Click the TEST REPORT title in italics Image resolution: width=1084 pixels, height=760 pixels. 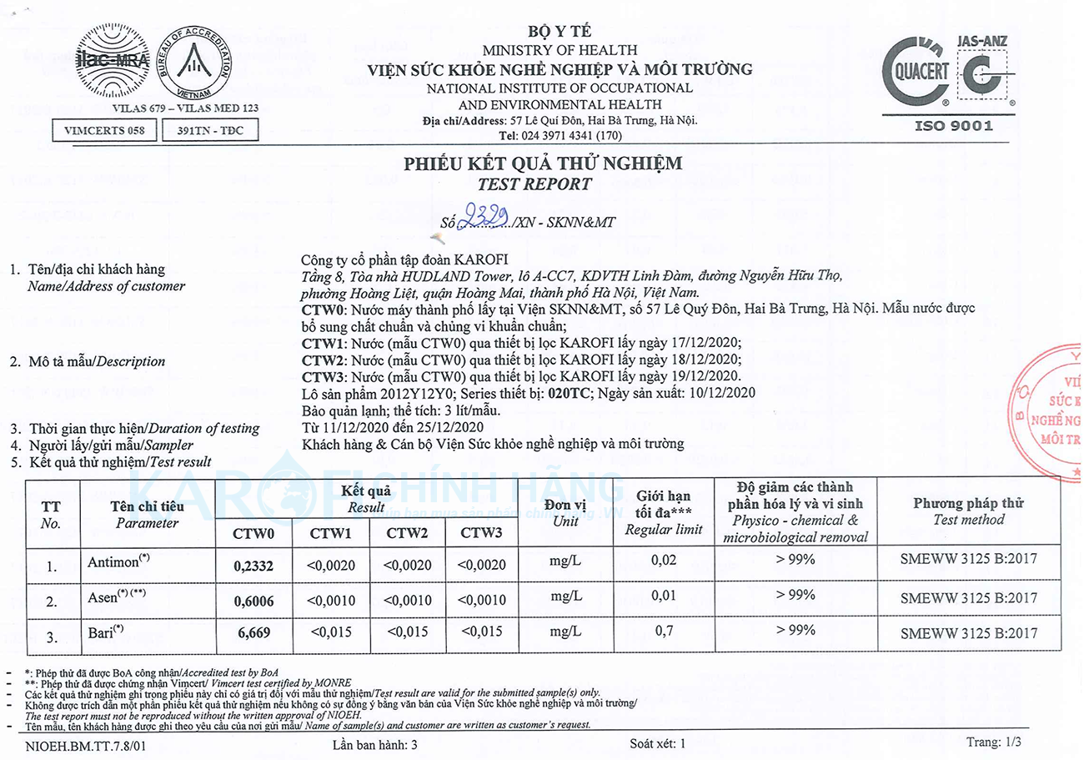(543, 184)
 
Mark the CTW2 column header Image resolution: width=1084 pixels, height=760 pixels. (407, 532)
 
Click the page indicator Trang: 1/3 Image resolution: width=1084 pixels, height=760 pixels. (995, 742)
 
